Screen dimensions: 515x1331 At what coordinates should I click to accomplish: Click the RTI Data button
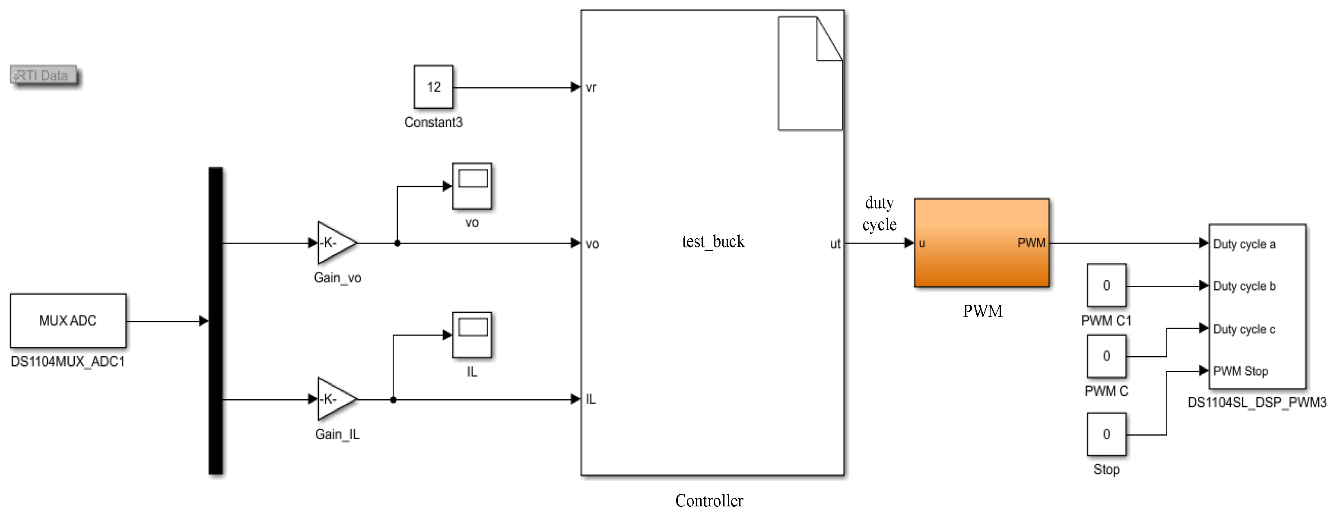(x=43, y=76)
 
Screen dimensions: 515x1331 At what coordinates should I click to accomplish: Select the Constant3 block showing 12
(x=433, y=87)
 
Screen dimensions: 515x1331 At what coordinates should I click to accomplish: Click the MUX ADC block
(x=68, y=320)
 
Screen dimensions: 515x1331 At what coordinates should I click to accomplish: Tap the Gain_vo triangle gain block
(x=334, y=243)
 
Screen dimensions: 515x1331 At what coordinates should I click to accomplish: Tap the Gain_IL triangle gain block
(x=334, y=399)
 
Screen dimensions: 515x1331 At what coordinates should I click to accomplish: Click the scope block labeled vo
(x=472, y=186)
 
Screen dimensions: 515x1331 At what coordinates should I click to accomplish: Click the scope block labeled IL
(x=472, y=335)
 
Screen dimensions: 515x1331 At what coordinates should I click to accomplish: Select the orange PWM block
(x=981, y=243)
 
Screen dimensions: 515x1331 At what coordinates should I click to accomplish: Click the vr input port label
(x=591, y=87)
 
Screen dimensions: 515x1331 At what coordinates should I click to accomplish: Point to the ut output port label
(x=835, y=244)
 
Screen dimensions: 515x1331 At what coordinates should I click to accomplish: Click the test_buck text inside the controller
(x=713, y=242)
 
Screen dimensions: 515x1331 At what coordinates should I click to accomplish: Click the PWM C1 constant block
(x=1106, y=286)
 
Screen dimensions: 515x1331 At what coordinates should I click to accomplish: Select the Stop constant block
(x=1106, y=434)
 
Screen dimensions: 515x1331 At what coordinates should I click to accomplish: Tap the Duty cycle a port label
(x=1244, y=244)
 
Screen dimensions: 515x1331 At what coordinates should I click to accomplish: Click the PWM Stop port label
(x=1240, y=371)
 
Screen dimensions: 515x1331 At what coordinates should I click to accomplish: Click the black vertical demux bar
(x=216, y=320)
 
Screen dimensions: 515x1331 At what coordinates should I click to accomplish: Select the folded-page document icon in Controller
(x=810, y=73)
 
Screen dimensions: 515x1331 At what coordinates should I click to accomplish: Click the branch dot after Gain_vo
(x=397, y=243)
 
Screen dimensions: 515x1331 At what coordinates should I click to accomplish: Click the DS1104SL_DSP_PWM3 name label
(x=1257, y=402)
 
